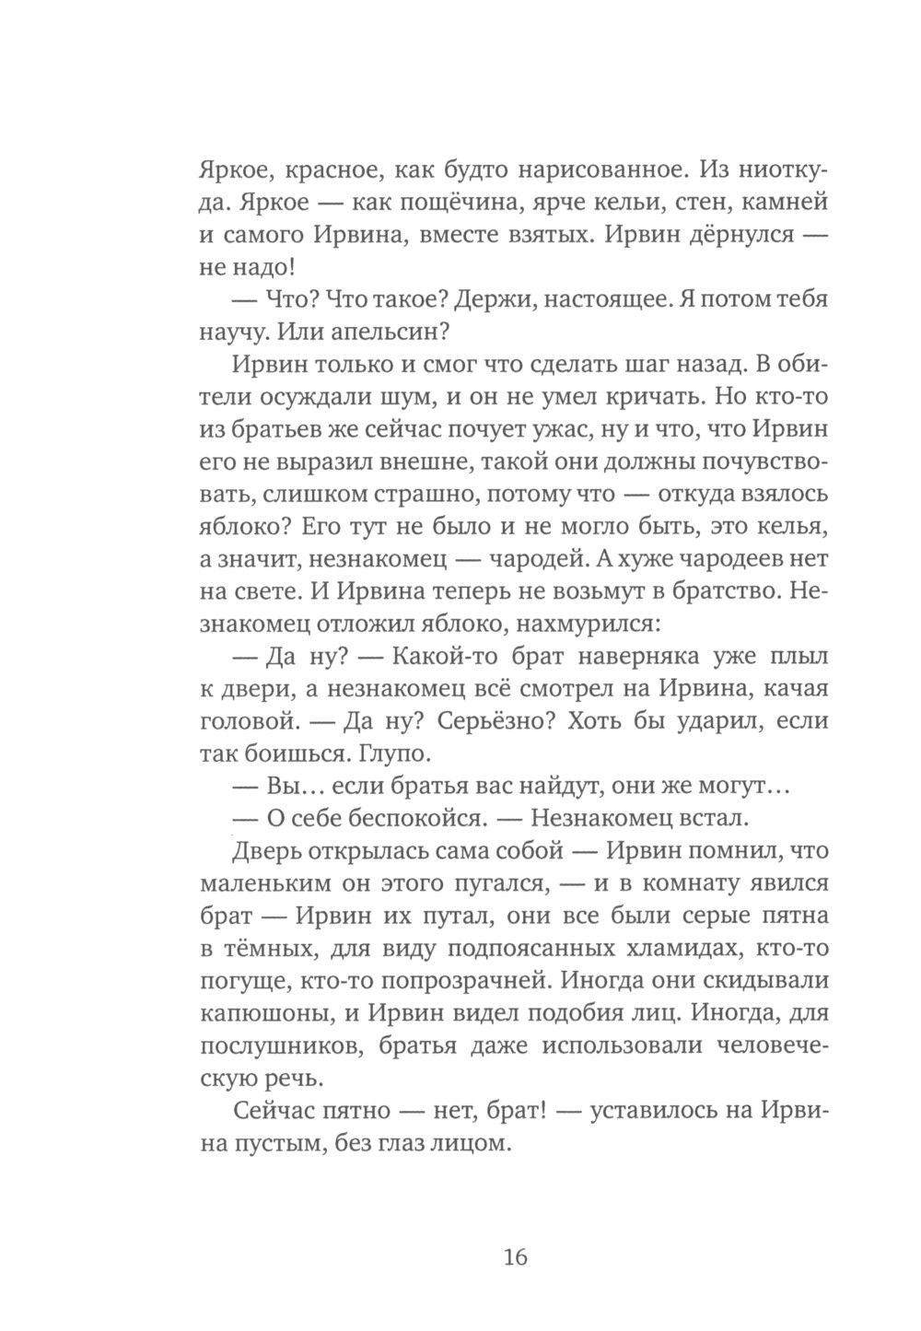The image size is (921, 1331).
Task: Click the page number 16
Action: click(515, 1256)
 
